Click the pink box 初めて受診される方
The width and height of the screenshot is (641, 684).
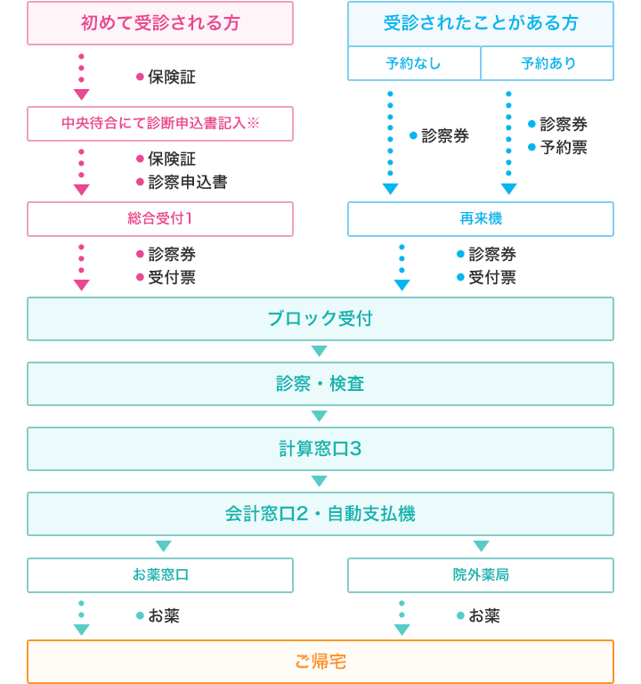(160, 23)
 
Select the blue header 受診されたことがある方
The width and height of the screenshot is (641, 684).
(481, 23)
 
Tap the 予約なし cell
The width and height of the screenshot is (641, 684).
(414, 63)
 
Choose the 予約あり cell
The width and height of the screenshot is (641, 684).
(548, 63)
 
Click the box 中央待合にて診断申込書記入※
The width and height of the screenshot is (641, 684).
(160, 124)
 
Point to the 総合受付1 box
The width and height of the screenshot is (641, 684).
(160, 219)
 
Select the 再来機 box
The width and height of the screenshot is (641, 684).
(481, 219)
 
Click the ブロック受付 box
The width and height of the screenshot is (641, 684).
(320, 319)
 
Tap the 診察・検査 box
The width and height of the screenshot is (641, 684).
(320, 384)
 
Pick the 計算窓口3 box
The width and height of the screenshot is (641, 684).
(320, 449)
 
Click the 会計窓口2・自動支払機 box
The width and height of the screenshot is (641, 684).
(320, 514)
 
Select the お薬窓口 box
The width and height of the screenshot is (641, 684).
(160, 575)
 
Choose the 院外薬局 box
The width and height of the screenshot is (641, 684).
(481, 575)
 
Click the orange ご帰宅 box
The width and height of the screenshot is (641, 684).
(320, 662)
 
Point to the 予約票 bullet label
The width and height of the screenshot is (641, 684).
(564, 148)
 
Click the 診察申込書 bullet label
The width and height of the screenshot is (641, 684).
(188, 182)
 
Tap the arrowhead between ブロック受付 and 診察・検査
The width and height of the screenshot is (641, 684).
(320, 351)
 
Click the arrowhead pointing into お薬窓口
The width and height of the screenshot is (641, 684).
(164, 546)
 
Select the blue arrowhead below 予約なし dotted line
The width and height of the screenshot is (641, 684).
(390, 189)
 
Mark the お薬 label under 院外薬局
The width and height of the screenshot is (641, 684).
(484, 615)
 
